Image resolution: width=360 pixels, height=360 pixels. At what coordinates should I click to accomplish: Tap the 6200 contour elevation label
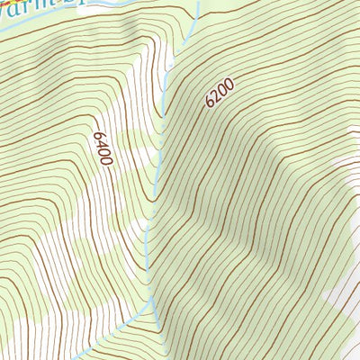coord(219,93)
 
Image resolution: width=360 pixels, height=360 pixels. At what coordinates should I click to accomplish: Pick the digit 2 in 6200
coord(215,96)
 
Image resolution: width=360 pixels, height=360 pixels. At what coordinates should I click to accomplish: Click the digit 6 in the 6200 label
coord(210,103)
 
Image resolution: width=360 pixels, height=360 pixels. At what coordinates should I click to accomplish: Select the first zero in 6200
coord(221,90)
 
